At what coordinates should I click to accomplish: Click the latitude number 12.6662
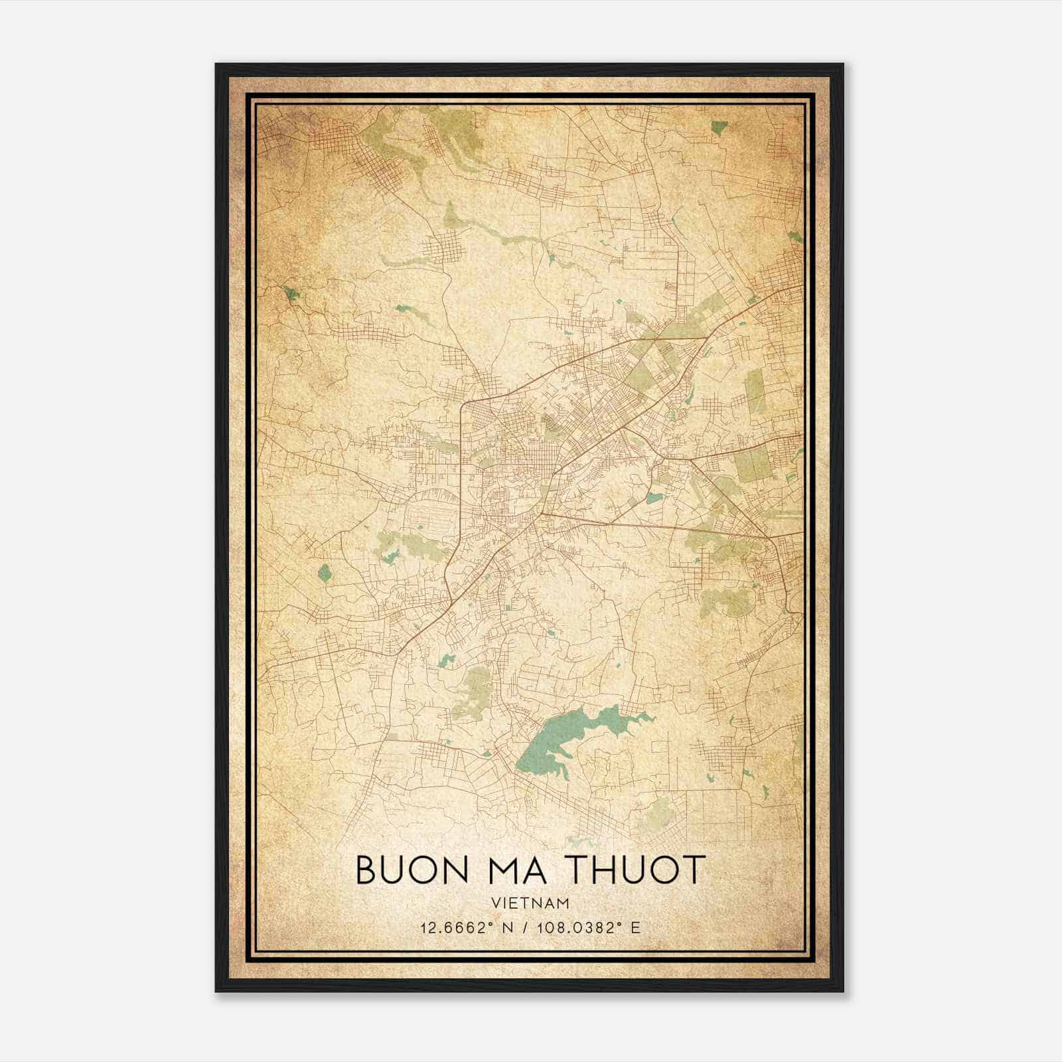point(443,927)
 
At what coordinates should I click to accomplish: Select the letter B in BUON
point(366,870)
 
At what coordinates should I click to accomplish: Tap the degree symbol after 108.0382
point(615,923)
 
